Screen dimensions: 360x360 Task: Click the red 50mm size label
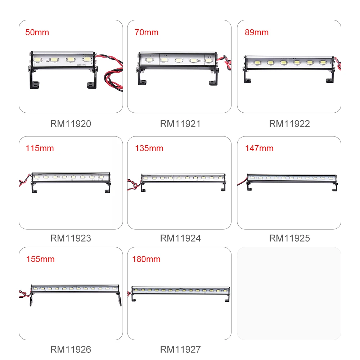click(37, 32)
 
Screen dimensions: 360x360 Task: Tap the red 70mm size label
click(147, 32)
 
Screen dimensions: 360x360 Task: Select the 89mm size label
click(257, 32)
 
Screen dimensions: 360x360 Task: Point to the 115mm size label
click(40, 148)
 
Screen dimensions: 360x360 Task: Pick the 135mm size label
click(149, 148)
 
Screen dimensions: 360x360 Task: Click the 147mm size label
click(259, 148)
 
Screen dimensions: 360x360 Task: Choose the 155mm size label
click(40, 259)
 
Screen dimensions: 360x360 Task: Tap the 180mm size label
click(146, 259)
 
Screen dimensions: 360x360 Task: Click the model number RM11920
click(71, 124)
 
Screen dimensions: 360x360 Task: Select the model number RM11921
click(180, 124)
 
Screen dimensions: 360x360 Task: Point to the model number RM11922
click(289, 124)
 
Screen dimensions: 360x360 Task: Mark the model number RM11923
click(71, 238)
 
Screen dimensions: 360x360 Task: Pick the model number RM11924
click(180, 238)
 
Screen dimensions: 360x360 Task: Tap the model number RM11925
click(289, 238)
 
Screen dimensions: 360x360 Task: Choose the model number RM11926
click(71, 349)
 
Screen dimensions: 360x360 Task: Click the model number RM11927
click(180, 349)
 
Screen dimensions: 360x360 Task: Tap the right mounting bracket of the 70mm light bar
click(213, 77)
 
